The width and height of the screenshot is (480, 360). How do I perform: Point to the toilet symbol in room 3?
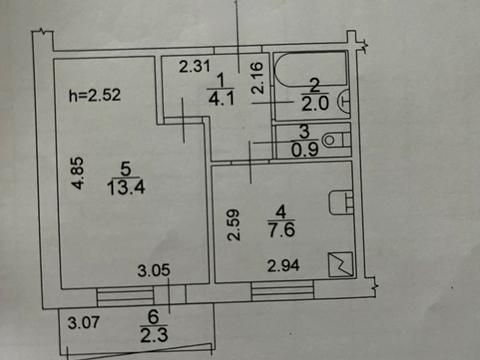tap(337, 140)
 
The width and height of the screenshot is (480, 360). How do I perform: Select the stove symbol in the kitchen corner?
tap(342, 265)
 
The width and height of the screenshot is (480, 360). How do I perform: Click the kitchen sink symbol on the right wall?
tap(346, 202)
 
